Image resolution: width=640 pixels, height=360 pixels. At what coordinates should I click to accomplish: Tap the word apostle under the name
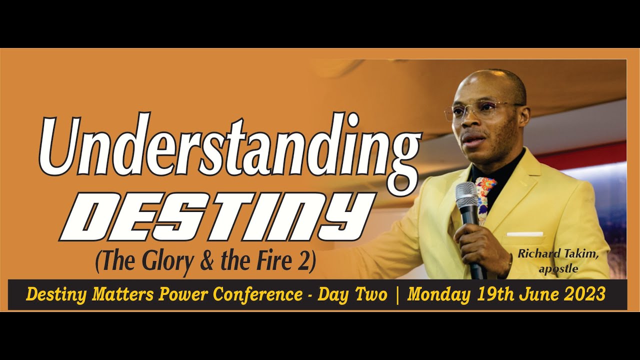(558, 269)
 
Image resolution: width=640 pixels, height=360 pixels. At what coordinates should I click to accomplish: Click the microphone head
(466, 195)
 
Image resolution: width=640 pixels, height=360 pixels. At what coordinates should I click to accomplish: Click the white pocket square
(524, 234)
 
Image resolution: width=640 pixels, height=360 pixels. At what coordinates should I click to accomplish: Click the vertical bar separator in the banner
(397, 294)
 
